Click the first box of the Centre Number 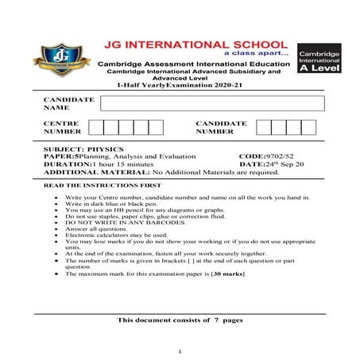pos(96,127)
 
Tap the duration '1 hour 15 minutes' pos(128,164)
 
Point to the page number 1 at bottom pos(180,350)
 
